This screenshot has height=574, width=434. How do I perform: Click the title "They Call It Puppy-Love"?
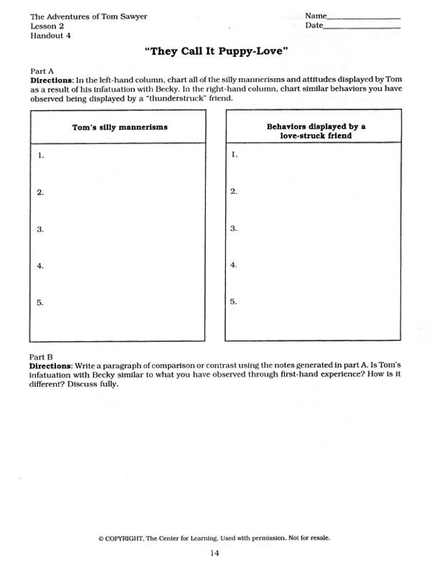click(216, 52)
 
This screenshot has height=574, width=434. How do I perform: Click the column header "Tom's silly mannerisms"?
click(121, 127)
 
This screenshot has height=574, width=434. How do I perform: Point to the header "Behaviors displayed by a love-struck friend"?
click(316, 131)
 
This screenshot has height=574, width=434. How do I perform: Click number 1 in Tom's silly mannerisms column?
click(41, 155)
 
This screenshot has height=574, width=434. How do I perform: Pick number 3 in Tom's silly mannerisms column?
click(41, 230)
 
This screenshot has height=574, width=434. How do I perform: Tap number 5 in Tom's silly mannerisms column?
click(41, 303)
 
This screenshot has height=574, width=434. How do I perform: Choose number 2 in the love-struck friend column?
click(233, 192)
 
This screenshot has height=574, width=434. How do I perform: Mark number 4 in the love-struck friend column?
click(233, 265)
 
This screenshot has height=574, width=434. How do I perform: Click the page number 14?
click(215, 552)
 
